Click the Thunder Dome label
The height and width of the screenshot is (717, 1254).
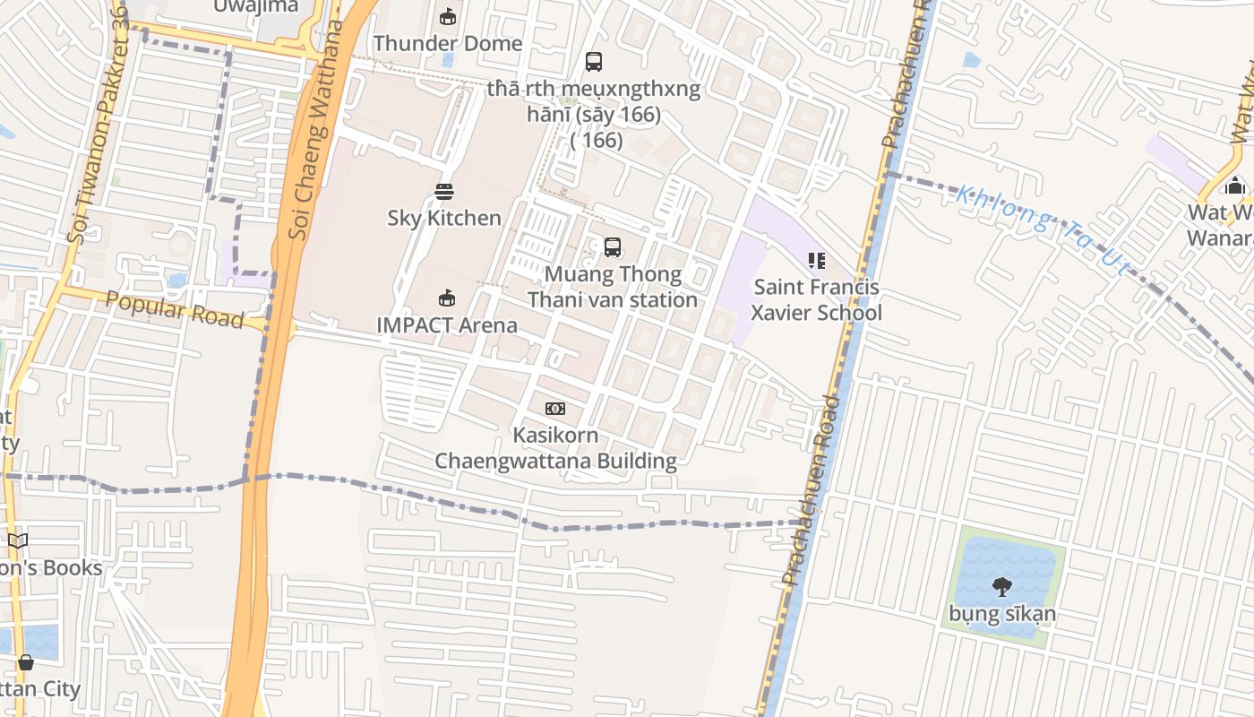tap(448, 43)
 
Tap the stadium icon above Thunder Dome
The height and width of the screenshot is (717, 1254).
tap(448, 16)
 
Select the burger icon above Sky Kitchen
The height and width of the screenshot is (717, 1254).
tap(444, 191)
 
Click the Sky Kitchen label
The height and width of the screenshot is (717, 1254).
tap(444, 218)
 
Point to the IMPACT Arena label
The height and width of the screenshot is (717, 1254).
tap(447, 324)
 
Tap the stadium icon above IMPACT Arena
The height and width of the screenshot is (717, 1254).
tap(447, 298)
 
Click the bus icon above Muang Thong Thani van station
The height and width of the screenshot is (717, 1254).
tap(613, 247)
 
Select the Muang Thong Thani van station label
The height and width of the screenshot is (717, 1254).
tap(613, 287)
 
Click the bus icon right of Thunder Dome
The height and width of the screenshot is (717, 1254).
tap(594, 62)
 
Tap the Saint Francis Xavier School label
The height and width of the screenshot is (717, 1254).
tap(816, 299)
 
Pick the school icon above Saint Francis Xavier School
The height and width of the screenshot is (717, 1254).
tap(816, 261)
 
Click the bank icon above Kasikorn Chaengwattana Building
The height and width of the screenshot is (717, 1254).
tap(555, 409)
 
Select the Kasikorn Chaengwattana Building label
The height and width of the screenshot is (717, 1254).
tap(555, 447)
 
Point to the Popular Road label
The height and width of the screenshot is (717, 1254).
tap(175, 309)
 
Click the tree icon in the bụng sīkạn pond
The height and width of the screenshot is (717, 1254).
tap(1002, 587)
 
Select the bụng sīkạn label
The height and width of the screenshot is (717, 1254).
tap(1002, 614)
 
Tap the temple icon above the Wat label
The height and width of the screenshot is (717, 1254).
tap(1235, 186)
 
